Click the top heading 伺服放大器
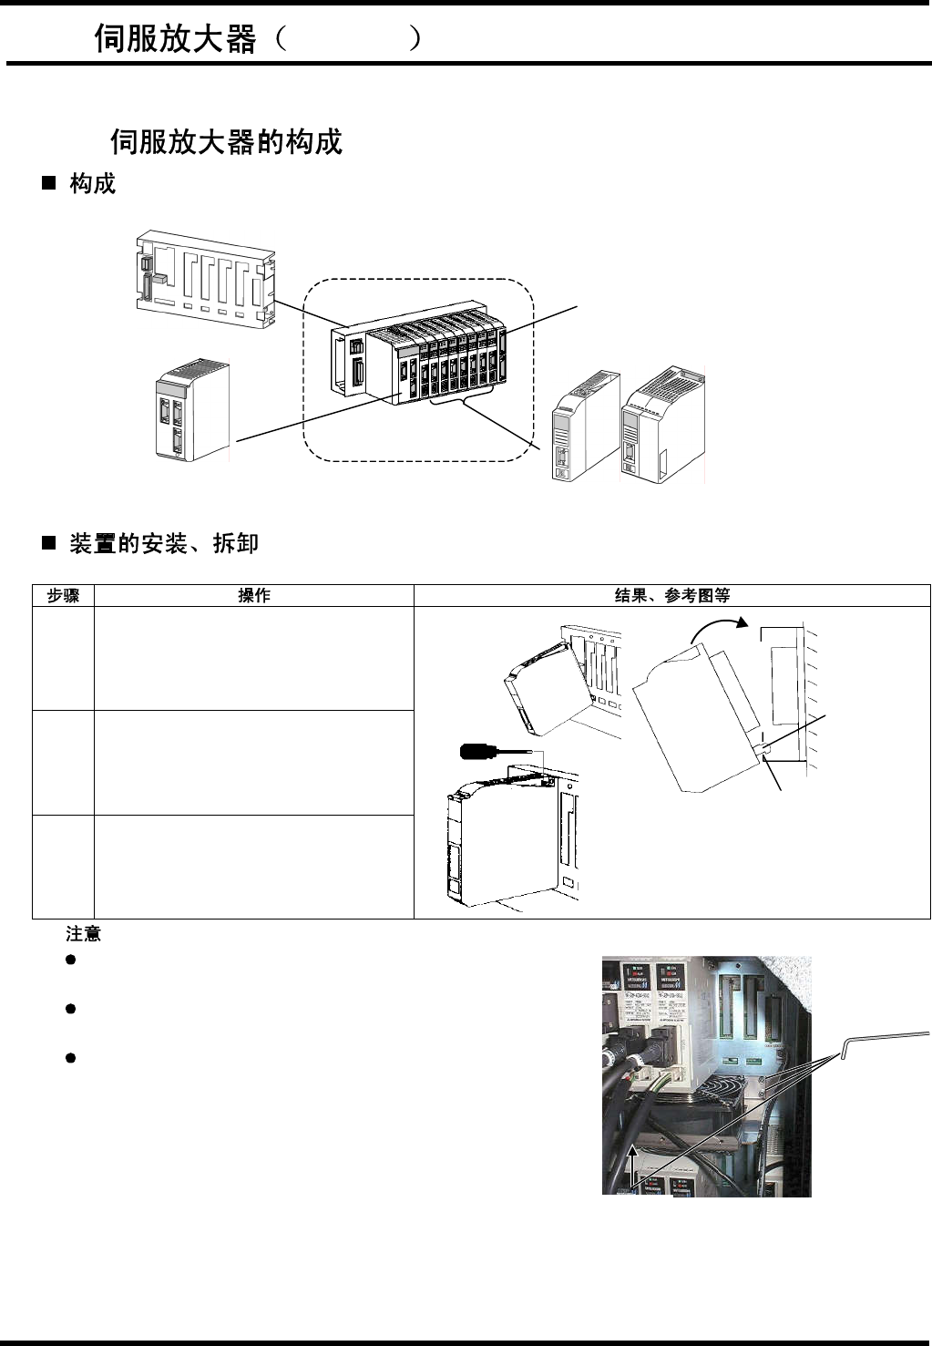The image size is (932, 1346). pos(176,39)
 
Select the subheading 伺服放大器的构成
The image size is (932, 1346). pos(226,142)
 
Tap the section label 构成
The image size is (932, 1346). pos(93,183)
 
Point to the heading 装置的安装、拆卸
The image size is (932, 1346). pos(164,544)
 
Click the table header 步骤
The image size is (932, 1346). pos(63,596)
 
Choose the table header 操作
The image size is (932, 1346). pos(253,596)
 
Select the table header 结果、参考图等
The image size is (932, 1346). pos(671,596)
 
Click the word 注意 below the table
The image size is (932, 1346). pos(83,934)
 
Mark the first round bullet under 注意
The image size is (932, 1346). pos(70,961)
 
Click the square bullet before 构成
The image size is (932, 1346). pos(49,184)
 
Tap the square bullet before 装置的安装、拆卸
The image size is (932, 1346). pos(49,544)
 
